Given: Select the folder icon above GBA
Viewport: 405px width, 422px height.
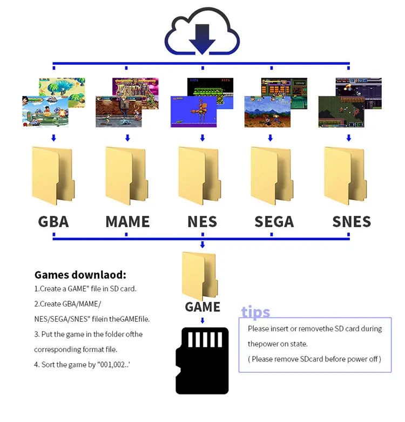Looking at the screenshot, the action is [53, 175].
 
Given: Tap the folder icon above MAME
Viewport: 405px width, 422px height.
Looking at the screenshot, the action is [127, 175].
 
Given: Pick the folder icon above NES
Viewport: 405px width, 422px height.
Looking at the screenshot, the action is [201, 175].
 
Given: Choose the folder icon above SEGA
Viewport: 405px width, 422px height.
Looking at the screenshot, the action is [273, 175].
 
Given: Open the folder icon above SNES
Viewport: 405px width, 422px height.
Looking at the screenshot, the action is [347, 175].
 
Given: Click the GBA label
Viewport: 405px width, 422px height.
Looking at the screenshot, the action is [53, 221].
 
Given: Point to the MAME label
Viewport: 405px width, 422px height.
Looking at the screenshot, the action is [127, 221].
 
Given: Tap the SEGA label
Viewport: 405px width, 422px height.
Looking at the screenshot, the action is [274, 221].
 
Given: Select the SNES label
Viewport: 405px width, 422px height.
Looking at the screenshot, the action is [352, 221].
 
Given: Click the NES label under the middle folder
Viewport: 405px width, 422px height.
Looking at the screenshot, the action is [202, 221].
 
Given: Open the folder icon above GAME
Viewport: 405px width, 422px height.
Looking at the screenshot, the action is [201, 275].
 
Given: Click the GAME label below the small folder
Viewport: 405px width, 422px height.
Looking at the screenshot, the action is [202, 307].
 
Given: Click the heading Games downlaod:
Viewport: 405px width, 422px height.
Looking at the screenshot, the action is [80, 275].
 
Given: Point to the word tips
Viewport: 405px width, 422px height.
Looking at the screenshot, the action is [255, 312].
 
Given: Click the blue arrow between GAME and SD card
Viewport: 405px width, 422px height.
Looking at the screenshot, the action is [202, 320].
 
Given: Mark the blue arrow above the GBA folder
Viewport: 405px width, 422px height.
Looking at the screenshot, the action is [53, 138].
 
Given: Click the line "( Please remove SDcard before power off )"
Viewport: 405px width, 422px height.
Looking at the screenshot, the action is [315, 359].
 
